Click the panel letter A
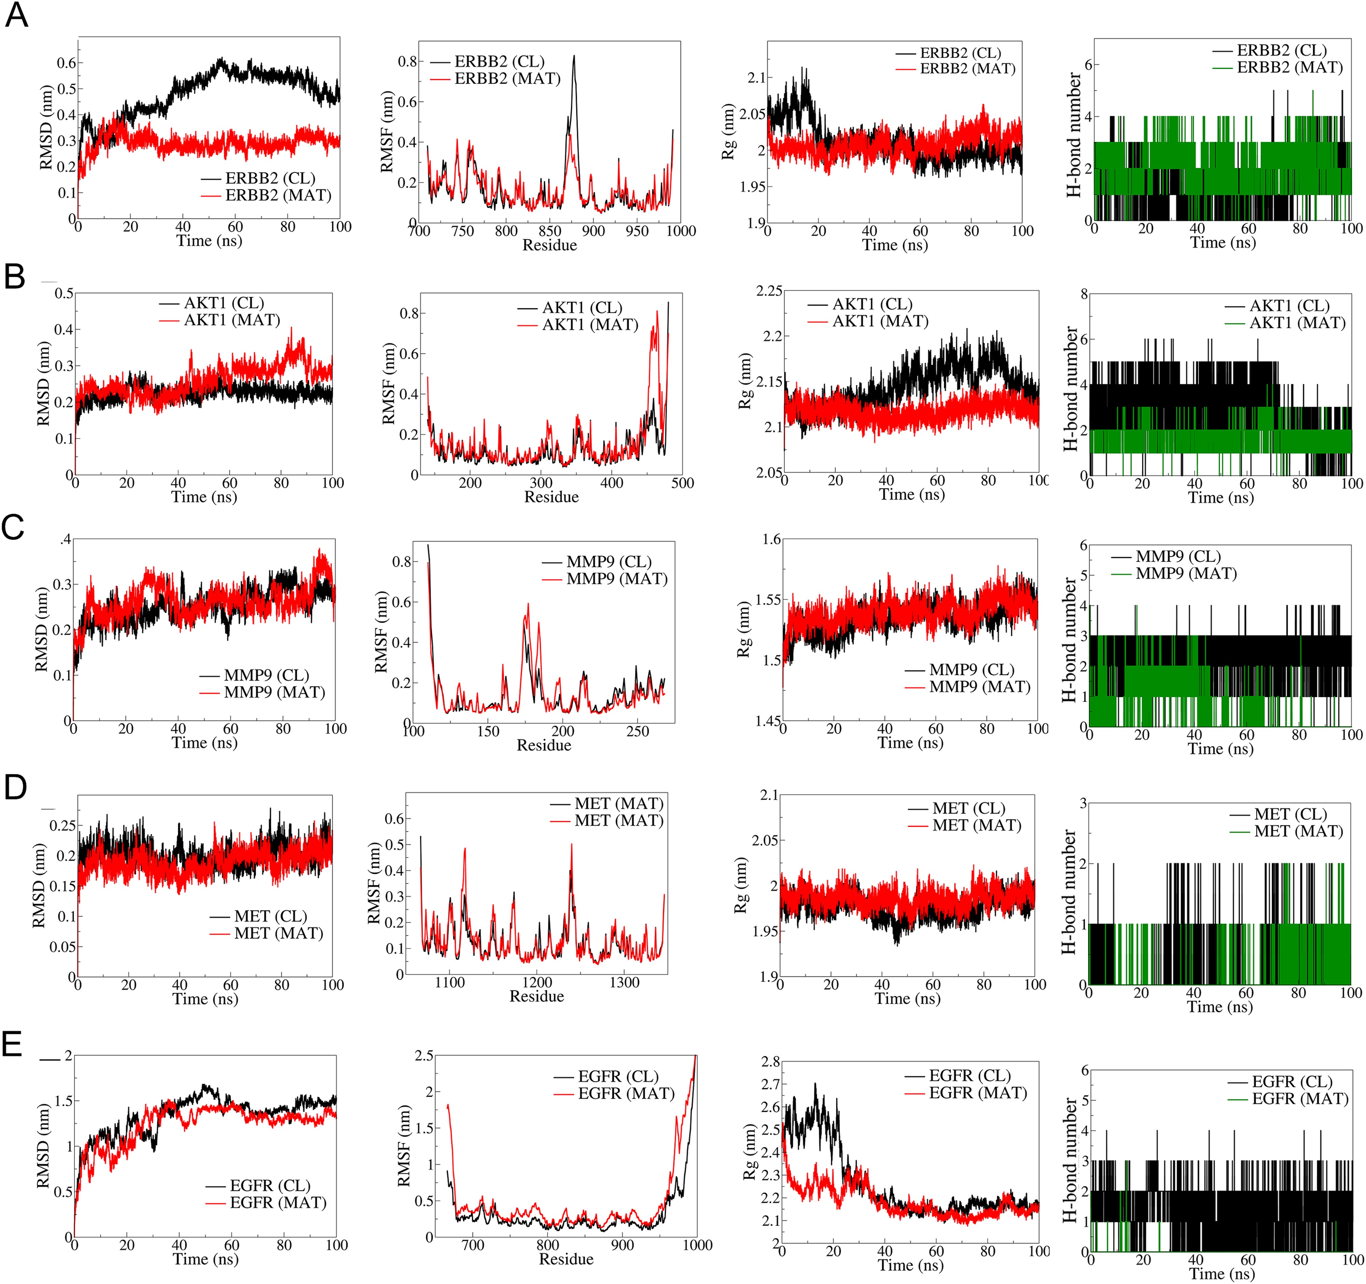pos(16,15)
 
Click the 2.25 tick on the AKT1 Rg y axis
pos(769,291)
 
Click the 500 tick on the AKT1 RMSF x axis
pos(682,483)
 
